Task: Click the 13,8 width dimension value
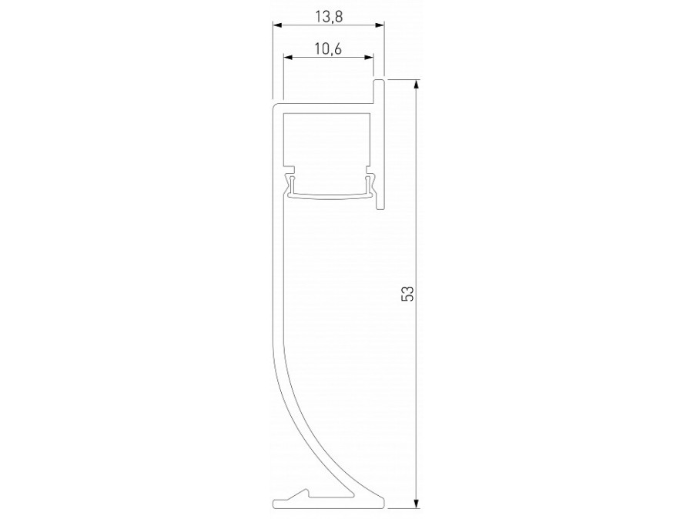click(x=328, y=13)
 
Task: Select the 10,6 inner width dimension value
click(x=328, y=49)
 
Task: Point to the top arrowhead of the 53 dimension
click(x=417, y=84)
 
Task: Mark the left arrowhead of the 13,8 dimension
click(x=277, y=25)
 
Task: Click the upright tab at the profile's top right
click(x=379, y=88)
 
